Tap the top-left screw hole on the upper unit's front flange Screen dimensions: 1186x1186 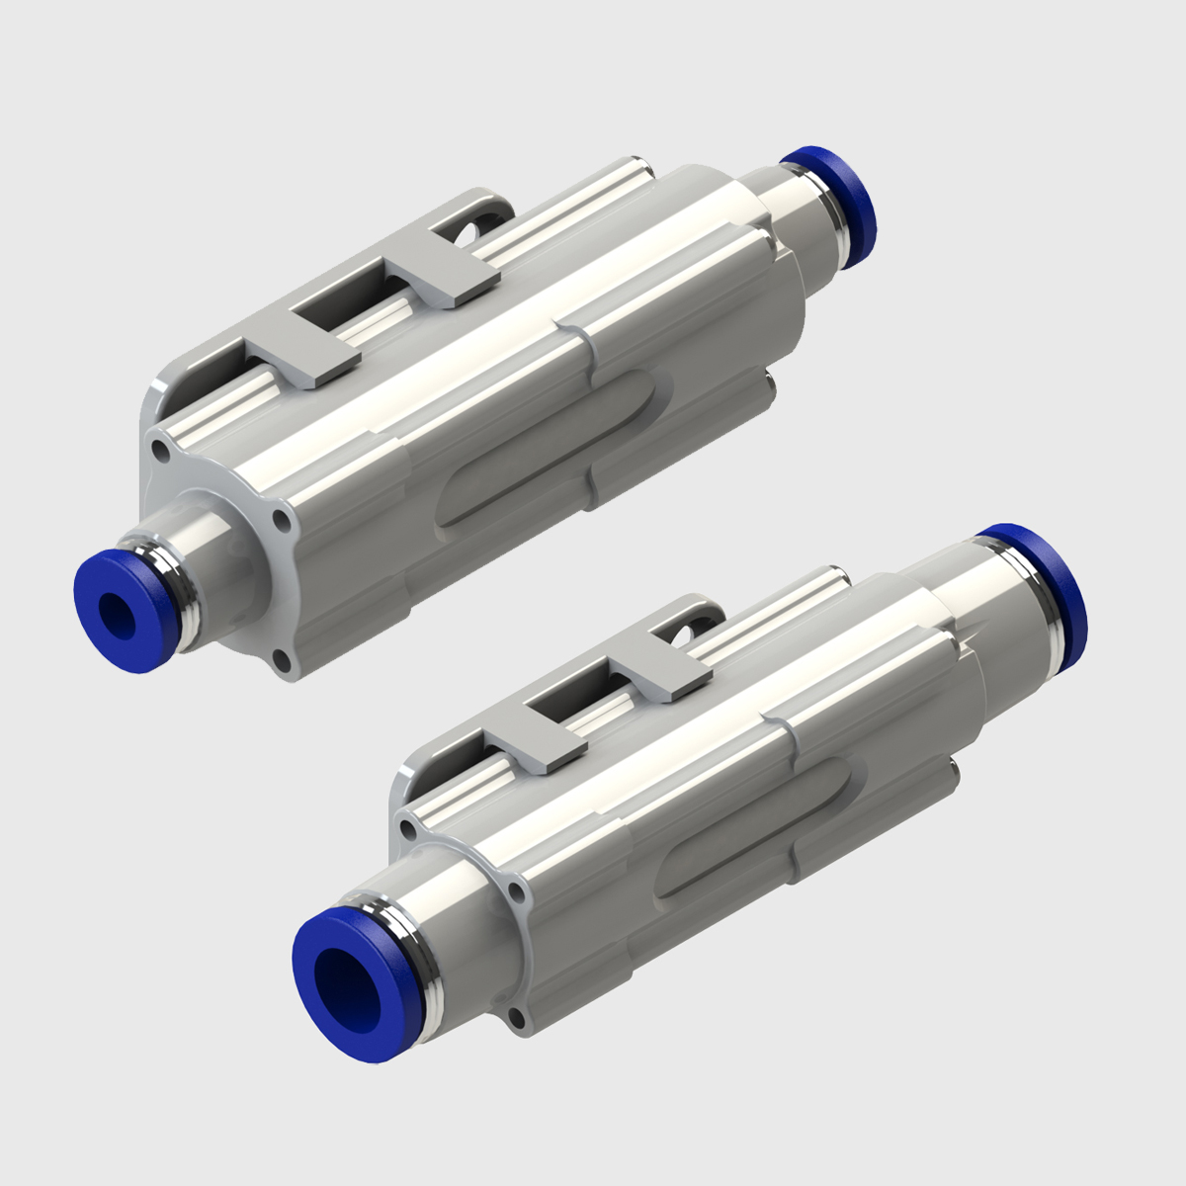160,451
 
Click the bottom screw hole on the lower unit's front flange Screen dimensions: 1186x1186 516,1018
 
